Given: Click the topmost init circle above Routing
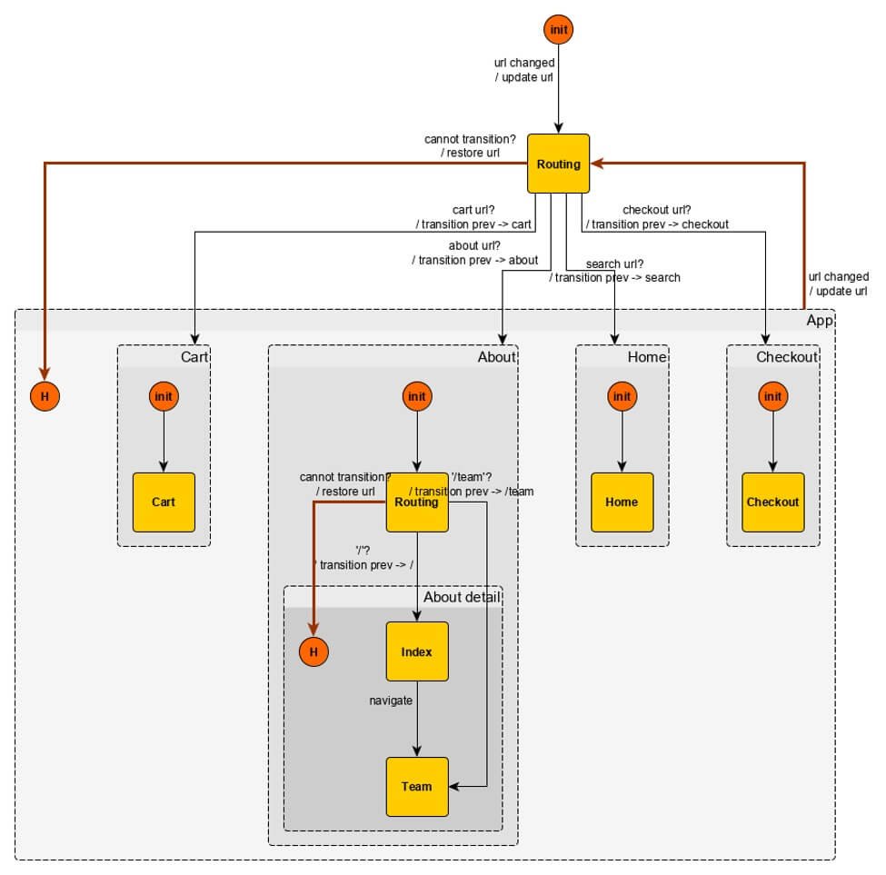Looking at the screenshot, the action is [x=558, y=30].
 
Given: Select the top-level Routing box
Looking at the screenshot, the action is [x=558, y=164].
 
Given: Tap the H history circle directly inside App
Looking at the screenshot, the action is [x=45, y=396].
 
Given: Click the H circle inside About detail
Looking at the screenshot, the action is [x=314, y=651].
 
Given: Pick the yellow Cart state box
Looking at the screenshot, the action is [x=164, y=502].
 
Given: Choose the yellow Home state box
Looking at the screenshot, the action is [x=622, y=502].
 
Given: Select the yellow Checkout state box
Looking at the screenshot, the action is [x=773, y=502].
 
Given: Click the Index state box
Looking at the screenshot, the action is [x=417, y=651].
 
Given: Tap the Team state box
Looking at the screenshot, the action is [x=417, y=786].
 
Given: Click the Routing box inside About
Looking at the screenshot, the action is [x=417, y=502].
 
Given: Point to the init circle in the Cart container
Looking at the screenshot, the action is [x=164, y=396].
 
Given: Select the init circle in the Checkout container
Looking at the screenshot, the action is [x=773, y=396].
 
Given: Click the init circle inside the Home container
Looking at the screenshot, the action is [x=622, y=396].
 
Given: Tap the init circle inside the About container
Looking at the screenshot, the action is [x=417, y=396].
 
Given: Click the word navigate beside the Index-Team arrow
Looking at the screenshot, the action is [x=391, y=701].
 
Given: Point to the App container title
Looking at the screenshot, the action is [x=820, y=320].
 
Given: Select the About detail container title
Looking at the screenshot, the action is [x=463, y=597].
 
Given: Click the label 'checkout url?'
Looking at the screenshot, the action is [x=657, y=210].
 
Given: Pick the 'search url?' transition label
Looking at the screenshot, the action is [x=615, y=263].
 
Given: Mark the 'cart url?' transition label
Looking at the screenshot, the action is [x=473, y=210].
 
